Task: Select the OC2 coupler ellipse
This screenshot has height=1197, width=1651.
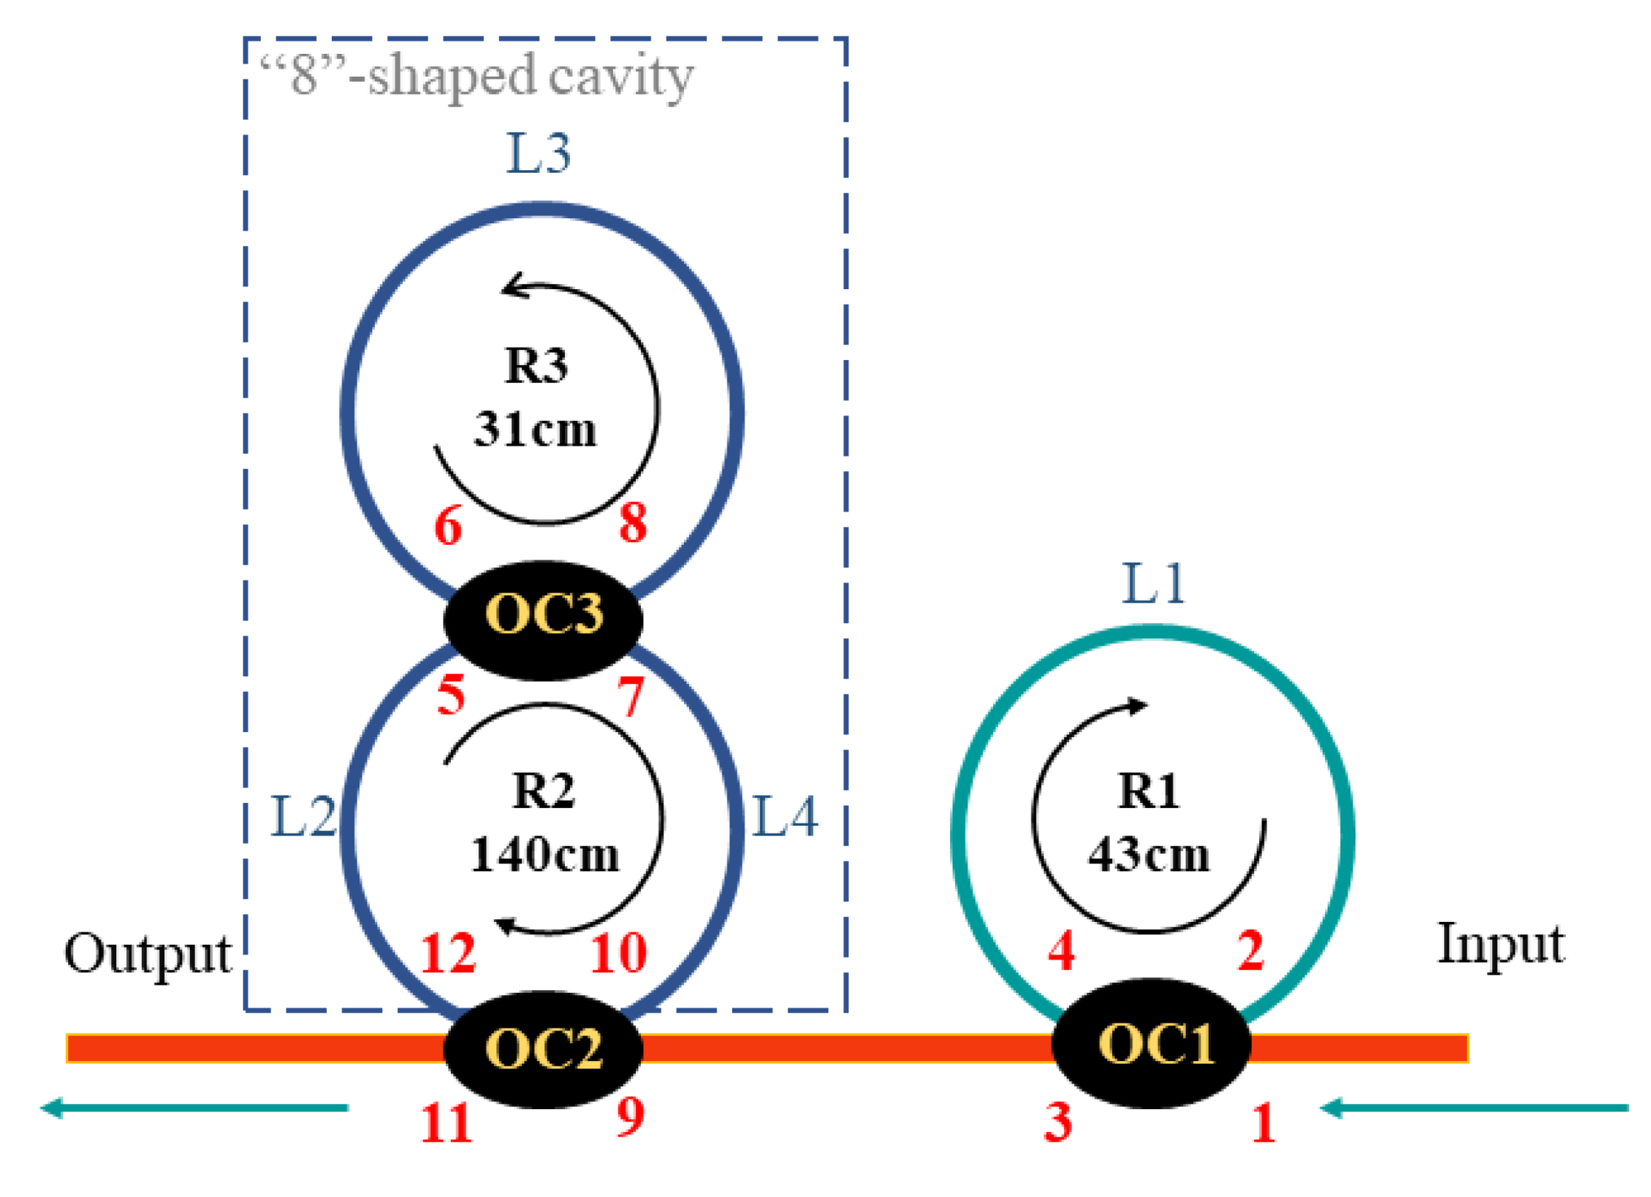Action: pyautogui.click(x=543, y=1048)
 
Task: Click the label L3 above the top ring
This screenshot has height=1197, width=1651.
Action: pyautogui.click(x=538, y=154)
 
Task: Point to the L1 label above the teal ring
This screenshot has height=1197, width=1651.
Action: pyautogui.click(x=1154, y=583)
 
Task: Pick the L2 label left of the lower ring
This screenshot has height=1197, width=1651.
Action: pyautogui.click(x=303, y=816)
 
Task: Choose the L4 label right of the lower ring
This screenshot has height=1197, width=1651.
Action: pyautogui.click(x=785, y=816)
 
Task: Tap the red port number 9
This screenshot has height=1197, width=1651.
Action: pyautogui.click(x=630, y=1116)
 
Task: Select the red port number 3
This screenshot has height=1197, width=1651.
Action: pyautogui.click(x=1058, y=1122)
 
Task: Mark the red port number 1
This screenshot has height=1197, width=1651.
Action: pyautogui.click(x=1264, y=1123)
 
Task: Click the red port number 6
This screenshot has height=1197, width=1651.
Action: pyautogui.click(x=449, y=526)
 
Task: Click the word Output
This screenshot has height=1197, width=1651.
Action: pyautogui.click(x=147, y=955)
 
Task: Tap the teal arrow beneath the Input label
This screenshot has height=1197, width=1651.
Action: pyautogui.click(x=1474, y=1108)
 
